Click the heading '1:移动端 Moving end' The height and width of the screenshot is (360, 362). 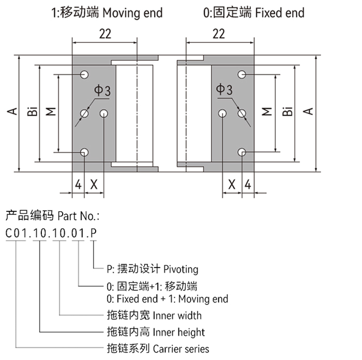107,12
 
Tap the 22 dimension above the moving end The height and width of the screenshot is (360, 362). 104,34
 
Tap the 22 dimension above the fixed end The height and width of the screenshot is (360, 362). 219,34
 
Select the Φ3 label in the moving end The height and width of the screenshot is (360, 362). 102,91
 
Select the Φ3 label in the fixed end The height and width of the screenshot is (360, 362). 224,91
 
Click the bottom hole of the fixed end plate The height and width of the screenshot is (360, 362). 242,152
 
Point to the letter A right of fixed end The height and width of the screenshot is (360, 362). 309,112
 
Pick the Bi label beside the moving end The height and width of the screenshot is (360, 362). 32,112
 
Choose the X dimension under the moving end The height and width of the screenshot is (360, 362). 94,184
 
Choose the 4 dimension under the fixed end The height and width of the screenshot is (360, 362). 248,184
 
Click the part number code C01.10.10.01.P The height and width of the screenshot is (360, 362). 51,233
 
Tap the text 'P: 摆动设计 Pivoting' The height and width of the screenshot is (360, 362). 152,269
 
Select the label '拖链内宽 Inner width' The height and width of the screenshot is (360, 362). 154,315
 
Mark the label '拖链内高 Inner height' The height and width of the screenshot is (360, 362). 155,332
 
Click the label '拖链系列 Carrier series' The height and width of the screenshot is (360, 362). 157,349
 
